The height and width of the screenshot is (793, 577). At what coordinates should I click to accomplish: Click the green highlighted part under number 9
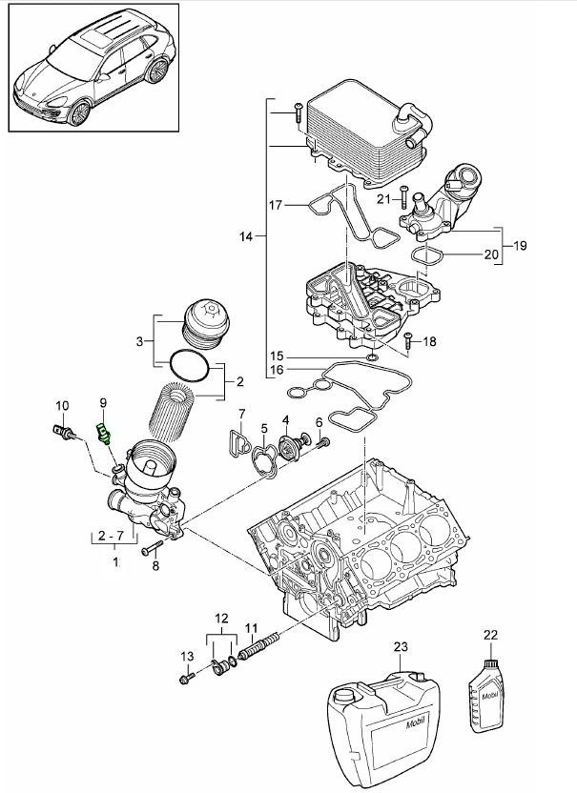click(104, 434)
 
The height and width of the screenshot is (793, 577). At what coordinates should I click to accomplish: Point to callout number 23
click(400, 647)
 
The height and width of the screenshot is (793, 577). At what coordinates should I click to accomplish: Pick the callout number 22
click(491, 635)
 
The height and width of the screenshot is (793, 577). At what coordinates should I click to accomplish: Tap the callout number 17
click(276, 205)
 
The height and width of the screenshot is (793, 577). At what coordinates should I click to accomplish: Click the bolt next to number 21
click(405, 200)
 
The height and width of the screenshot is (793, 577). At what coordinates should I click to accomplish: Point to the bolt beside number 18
click(408, 340)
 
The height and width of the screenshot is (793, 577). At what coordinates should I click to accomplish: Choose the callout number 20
click(492, 254)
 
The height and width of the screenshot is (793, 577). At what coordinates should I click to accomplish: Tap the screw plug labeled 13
click(187, 679)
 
